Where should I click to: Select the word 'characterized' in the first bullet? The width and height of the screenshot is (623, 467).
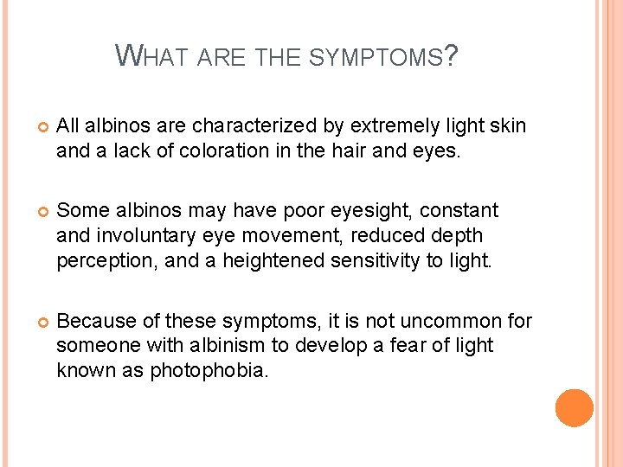pyautogui.click(x=250, y=126)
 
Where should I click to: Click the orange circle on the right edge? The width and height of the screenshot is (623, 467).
pyautogui.click(x=575, y=408)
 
